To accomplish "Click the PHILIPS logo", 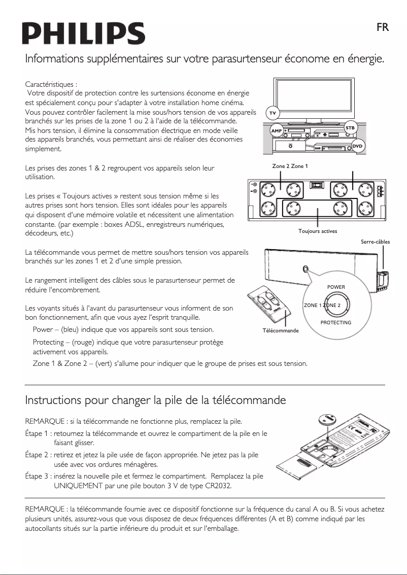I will point(83,33).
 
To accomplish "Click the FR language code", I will point(383,27).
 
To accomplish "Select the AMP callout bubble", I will point(276,131).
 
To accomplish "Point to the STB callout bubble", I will point(350,128).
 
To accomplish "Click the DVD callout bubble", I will point(358,146).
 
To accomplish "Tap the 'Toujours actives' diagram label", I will point(318,231).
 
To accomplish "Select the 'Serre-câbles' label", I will point(375,242).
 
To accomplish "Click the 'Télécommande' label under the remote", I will point(280,330).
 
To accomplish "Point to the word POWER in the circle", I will point(336,287).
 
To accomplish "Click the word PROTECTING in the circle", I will point(336,323).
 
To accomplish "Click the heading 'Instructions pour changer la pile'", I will point(155,400).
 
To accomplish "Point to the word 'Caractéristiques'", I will point(50,84).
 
